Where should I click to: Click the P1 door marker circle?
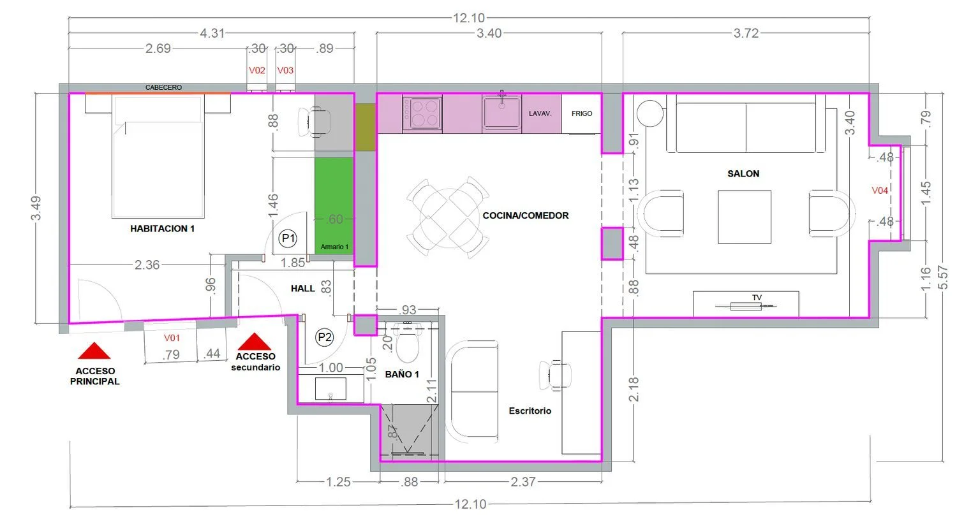pos(288,238)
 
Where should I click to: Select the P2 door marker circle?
pos(325,337)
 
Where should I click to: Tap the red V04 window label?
pos(880,191)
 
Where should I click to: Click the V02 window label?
pos(256,70)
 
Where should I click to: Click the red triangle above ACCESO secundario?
pos(254,341)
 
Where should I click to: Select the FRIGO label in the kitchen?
pos(582,113)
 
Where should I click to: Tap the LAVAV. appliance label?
pos(540,113)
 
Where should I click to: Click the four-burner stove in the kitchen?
pos(422,113)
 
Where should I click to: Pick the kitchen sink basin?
pos(501,112)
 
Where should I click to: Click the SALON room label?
pos(743,174)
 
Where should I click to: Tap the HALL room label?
pos(303,289)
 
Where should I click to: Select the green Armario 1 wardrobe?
pos(334,206)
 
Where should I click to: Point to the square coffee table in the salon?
pos(745,217)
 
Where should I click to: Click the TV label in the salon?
pos(757,298)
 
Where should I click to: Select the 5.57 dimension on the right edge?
pos(942,277)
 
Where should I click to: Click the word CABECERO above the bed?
pos(163,87)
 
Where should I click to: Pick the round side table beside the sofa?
pos(650,113)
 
